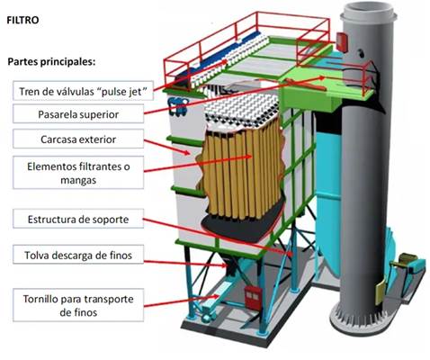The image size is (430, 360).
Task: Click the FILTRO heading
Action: (x=22, y=20)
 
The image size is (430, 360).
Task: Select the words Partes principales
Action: (x=51, y=62)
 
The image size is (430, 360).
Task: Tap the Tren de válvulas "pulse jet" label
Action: (x=83, y=91)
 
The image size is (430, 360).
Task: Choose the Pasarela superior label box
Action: (x=78, y=114)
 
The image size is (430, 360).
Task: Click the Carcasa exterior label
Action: (x=78, y=139)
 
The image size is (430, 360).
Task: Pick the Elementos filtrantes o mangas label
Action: (x=78, y=173)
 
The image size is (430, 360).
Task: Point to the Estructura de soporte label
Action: (x=78, y=219)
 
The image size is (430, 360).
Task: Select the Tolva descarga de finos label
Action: (x=78, y=255)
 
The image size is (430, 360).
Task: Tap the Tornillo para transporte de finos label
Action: (x=78, y=305)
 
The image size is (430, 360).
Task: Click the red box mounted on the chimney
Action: (x=342, y=42)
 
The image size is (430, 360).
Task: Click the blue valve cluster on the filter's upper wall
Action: (x=178, y=106)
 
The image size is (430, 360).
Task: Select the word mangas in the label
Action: (x=78, y=180)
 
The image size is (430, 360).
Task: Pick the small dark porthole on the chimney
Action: (x=361, y=53)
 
